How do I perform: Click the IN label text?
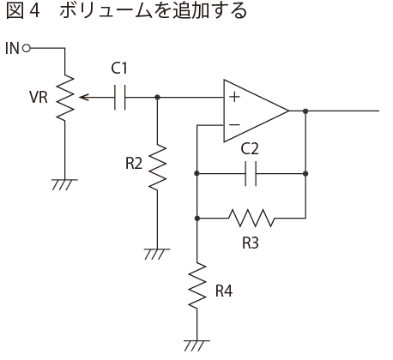pyautogui.click(x=12, y=48)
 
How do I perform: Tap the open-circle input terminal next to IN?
pyautogui.click(x=26, y=48)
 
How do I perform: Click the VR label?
pyautogui.click(x=39, y=97)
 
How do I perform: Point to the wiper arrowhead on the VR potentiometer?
pyautogui.click(x=84, y=98)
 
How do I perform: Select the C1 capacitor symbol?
pyautogui.click(x=119, y=98)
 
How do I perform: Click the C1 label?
pyautogui.click(x=119, y=69)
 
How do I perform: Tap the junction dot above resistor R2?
pyautogui.click(x=157, y=98)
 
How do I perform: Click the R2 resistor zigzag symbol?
pyautogui.click(x=157, y=167)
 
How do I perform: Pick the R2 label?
pyautogui.click(x=134, y=164)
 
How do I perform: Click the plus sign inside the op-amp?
pyautogui.click(x=234, y=97)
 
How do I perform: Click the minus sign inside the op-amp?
pyautogui.click(x=234, y=124)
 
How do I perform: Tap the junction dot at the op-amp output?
pyautogui.click(x=305, y=111)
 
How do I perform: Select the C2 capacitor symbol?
pyautogui.click(x=251, y=173)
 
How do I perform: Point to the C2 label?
pyautogui.click(x=250, y=149)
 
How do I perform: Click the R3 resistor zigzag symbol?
pyautogui.click(x=251, y=219)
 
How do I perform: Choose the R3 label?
pyautogui.click(x=251, y=243)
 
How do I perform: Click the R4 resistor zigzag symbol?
pyautogui.click(x=197, y=286)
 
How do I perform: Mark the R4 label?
pyautogui.click(x=224, y=291)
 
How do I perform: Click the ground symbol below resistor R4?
pyautogui.click(x=196, y=345)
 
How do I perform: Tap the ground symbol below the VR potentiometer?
pyautogui.click(x=64, y=185)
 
